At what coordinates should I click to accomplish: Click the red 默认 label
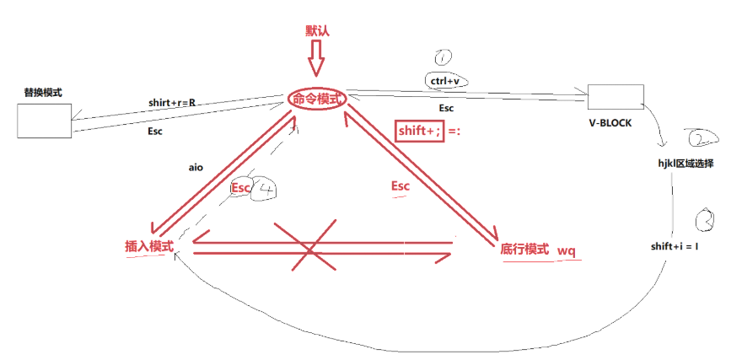pyautogui.click(x=318, y=31)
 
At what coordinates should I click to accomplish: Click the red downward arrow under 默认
pyautogui.click(x=316, y=62)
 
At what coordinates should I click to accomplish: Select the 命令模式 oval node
pyautogui.click(x=317, y=99)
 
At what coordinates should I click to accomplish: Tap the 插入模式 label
pyautogui.click(x=149, y=246)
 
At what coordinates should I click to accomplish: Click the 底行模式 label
pyautogui.click(x=525, y=250)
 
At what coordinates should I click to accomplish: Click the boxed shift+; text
pyautogui.click(x=419, y=131)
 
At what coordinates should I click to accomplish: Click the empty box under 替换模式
pyautogui.click(x=44, y=120)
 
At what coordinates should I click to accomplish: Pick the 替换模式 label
pyautogui.click(x=44, y=92)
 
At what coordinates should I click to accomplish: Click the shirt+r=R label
pyautogui.click(x=172, y=103)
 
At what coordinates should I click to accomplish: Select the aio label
pyautogui.click(x=196, y=168)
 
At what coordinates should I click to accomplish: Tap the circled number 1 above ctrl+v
pyautogui.click(x=444, y=57)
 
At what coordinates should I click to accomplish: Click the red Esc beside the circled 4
pyautogui.click(x=241, y=187)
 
